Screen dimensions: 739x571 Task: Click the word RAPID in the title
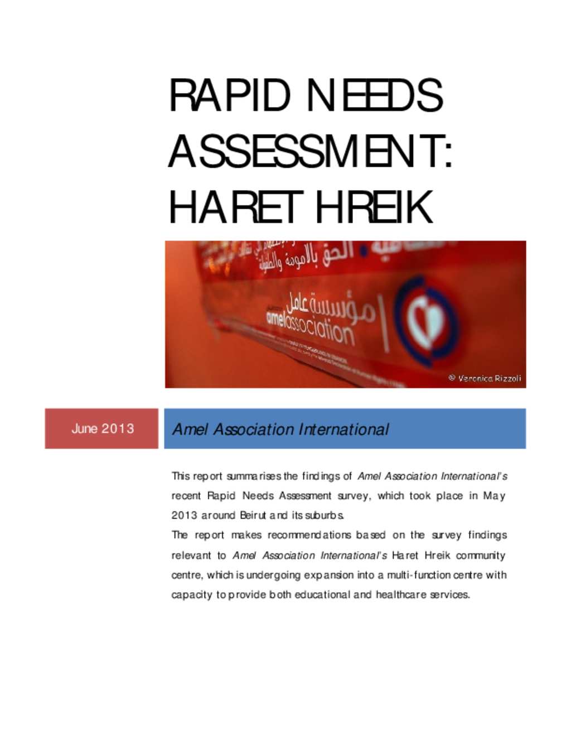(x=229, y=95)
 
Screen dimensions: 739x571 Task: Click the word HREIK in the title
(x=374, y=207)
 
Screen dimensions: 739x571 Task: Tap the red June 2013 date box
(x=102, y=428)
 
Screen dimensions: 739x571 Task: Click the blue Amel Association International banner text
(x=280, y=429)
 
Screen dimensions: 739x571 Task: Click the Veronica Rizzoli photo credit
(x=485, y=378)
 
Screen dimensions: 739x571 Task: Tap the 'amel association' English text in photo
(x=309, y=326)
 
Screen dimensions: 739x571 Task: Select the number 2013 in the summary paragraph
(x=184, y=515)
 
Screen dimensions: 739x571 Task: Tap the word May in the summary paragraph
(x=494, y=496)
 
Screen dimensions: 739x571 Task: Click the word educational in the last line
(x=322, y=595)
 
